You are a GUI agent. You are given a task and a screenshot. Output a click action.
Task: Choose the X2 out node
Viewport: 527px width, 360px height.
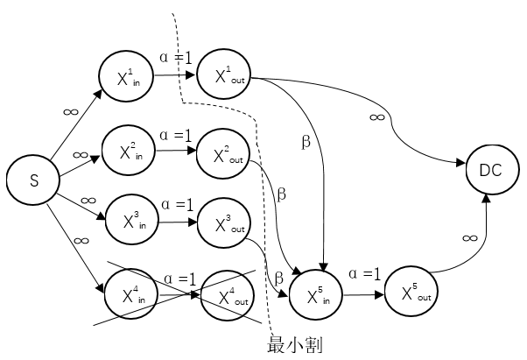(224, 157)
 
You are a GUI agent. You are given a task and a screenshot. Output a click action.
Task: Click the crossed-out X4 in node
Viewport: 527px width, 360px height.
(130, 293)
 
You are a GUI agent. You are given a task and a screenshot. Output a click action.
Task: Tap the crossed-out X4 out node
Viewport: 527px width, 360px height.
(227, 295)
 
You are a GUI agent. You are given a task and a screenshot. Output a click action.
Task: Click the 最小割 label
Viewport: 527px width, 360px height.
(294, 345)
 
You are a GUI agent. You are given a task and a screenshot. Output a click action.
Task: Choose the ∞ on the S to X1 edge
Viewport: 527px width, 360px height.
(71, 113)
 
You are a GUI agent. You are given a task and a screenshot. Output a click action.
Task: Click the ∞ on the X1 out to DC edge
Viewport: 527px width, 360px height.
(377, 116)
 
